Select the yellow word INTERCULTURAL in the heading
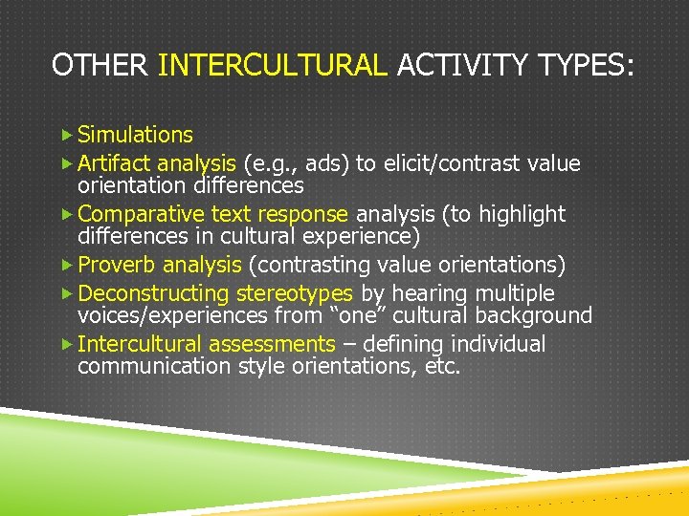click(272, 65)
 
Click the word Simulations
click(135, 135)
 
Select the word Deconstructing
click(153, 293)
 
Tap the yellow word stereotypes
click(295, 293)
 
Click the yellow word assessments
click(272, 344)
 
